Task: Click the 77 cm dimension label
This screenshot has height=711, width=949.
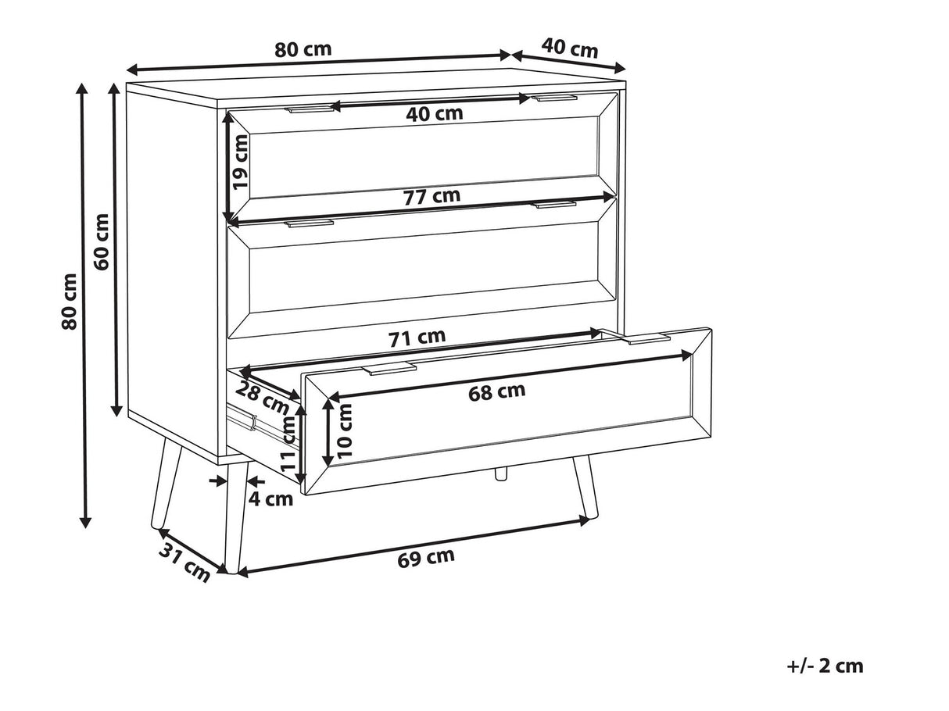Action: [432, 197]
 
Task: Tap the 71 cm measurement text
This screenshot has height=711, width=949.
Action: [417, 338]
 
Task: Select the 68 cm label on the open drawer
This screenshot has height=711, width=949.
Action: [496, 391]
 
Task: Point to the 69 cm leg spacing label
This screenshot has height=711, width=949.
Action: [426, 557]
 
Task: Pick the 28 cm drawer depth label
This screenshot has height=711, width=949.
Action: [262, 398]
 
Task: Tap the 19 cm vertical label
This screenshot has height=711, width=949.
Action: [241, 162]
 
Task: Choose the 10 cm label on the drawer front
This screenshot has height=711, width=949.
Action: [345, 430]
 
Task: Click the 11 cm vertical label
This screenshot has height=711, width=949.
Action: [287, 444]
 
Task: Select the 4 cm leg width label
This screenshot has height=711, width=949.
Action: [271, 499]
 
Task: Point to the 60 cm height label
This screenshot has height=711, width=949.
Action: [102, 241]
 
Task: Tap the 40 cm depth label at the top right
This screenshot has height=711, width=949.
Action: [569, 48]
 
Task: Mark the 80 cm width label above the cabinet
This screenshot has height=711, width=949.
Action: [303, 50]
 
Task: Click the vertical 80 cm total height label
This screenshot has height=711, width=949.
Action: [69, 302]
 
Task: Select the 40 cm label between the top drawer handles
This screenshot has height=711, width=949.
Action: [435, 113]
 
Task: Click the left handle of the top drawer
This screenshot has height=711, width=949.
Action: [310, 108]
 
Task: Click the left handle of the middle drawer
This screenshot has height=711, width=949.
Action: [309, 223]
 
